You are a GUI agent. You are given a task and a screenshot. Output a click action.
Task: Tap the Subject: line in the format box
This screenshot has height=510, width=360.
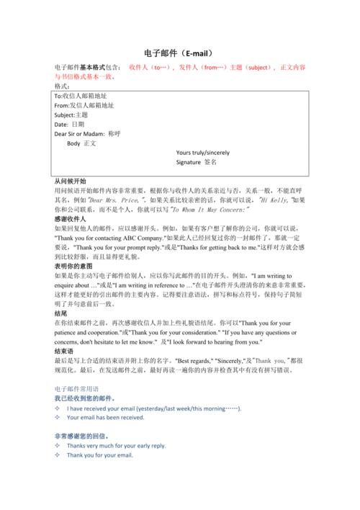pyautogui.click(x=71, y=115)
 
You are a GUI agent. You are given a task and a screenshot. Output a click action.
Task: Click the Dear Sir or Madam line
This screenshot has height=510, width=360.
pyautogui.click(x=88, y=134)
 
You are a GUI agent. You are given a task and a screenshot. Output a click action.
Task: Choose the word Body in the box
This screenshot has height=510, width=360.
pyautogui.click(x=74, y=143)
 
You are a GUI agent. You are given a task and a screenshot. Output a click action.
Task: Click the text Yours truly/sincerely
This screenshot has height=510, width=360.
pyautogui.click(x=203, y=153)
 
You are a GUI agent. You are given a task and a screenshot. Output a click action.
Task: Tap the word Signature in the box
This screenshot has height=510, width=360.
pyautogui.click(x=189, y=163)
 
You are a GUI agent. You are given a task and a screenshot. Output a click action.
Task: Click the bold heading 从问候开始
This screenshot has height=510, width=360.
pyautogui.click(x=70, y=181)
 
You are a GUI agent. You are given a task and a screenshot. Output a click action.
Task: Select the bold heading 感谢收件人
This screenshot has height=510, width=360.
pyautogui.click(x=70, y=218)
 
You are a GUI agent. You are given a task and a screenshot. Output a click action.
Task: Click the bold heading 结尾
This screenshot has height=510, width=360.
pyautogui.click(x=61, y=313)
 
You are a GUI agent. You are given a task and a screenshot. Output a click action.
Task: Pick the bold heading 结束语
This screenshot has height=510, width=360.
pyautogui.click(x=66, y=351)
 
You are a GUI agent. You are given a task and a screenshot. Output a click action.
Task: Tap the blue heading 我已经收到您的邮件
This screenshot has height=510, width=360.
pyautogui.click(x=86, y=398)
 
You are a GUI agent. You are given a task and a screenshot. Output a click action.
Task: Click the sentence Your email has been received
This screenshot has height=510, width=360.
pyautogui.click(x=106, y=417)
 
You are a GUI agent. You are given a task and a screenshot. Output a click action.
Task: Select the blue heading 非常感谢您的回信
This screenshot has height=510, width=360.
pyautogui.click(x=82, y=436)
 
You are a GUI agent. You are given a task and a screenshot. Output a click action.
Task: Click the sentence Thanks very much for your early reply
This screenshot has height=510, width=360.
pyautogui.click(x=116, y=446)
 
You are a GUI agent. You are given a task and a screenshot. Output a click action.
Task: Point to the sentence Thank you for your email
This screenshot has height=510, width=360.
pyautogui.click(x=100, y=455)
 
